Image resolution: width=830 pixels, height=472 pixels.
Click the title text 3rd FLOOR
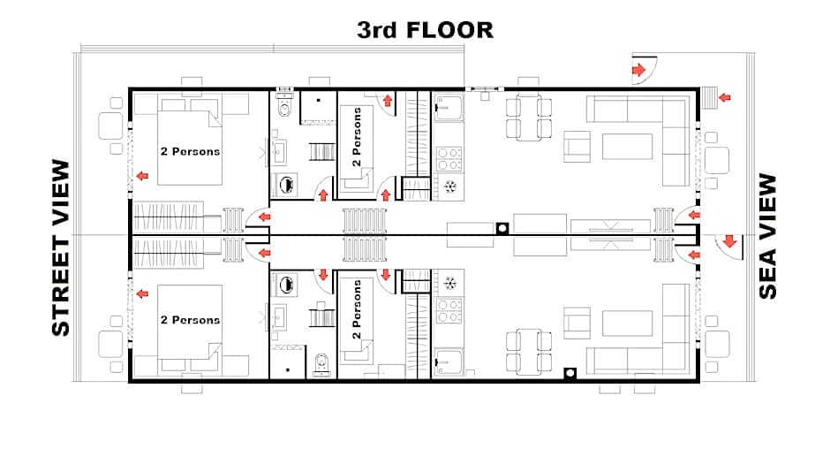point(425,30)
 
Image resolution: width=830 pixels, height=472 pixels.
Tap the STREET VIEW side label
point(60,248)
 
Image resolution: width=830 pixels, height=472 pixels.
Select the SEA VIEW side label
point(768,236)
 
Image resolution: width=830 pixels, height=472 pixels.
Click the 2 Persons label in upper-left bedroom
point(190,151)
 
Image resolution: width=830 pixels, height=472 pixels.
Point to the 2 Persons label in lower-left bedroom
point(190,319)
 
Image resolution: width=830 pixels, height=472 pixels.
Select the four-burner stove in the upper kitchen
point(449,157)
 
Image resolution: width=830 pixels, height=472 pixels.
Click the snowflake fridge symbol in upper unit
point(449,186)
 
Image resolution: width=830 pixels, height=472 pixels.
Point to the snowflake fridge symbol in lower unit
point(449,284)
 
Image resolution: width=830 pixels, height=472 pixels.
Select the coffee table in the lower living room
point(628,324)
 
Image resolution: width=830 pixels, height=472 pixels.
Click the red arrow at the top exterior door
point(637,70)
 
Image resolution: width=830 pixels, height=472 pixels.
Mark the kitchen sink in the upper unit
point(449,108)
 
